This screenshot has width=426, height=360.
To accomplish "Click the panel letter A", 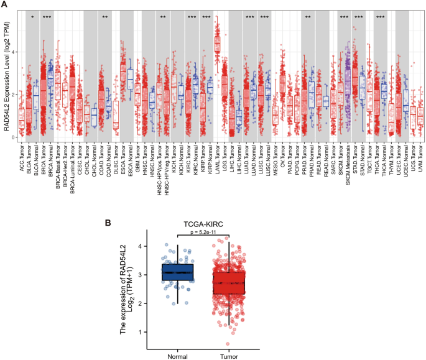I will [4, 5].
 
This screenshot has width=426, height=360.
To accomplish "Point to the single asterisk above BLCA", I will [32, 18].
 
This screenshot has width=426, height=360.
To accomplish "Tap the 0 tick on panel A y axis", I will [12, 137].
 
